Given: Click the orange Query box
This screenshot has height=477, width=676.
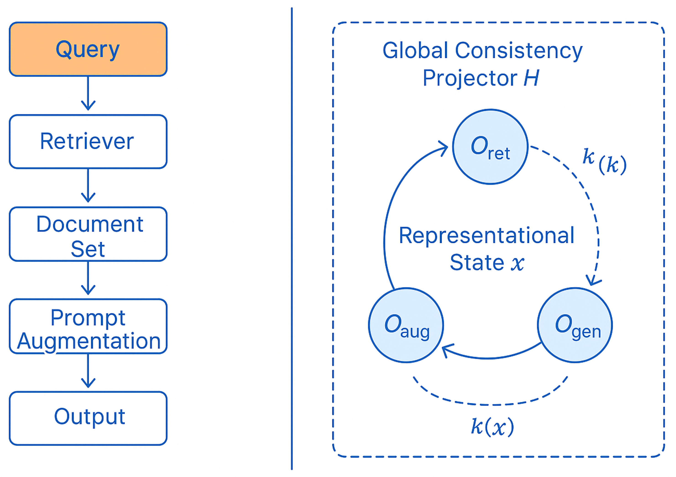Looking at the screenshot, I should pyautogui.click(x=88, y=49).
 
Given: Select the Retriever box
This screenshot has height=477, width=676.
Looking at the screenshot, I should pyautogui.click(x=88, y=141).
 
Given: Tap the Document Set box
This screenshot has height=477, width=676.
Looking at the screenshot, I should pyautogui.click(x=88, y=234).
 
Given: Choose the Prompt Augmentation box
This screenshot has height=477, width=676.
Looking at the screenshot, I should pyautogui.click(x=88, y=326).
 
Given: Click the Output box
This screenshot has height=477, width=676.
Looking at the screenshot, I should pyautogui.click(x=88, y=418).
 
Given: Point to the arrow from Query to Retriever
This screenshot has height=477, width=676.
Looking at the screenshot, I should pyautogui.click(x=88, y=93).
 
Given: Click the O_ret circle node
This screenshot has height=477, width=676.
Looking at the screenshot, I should pyautogui.click(x=490, y=147).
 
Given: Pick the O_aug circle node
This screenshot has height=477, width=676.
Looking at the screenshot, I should pyautogui.click(x=406, y=325).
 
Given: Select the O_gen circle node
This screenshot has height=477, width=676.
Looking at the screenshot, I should pyautogui.click(x=575, y=325).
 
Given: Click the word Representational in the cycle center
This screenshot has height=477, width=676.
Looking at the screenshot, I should pyautogui.click(x=486, y=236).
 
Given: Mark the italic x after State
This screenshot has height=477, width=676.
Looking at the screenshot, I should pyautogui.click(x=517, y=263).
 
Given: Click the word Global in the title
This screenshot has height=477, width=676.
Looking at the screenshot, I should pyautogui.click(x=415, y=51).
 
